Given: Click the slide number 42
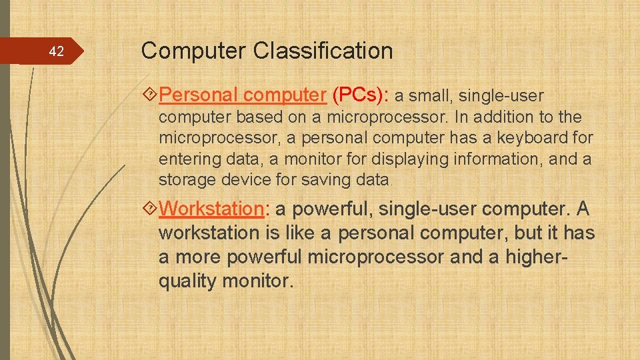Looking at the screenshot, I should [57, 52].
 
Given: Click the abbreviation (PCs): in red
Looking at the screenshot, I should [361, 95].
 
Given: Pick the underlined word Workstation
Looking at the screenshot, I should [213, 209].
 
